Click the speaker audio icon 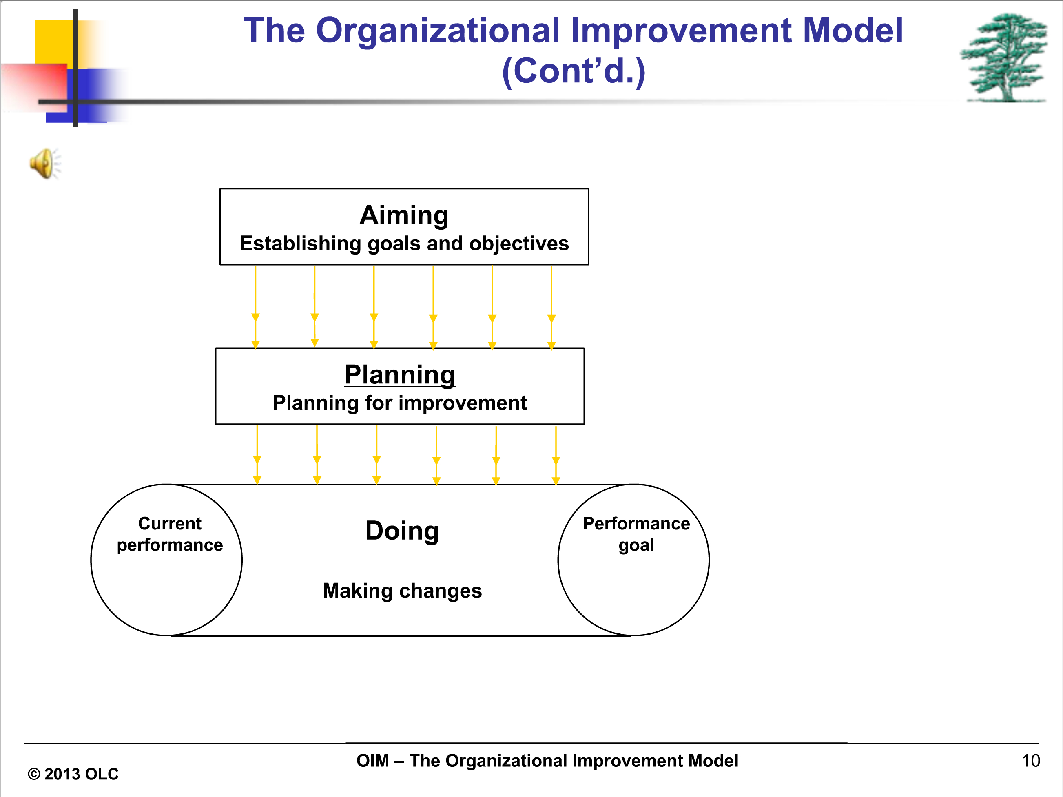tap(45, 163)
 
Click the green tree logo tap(1004, 58)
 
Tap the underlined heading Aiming tap(404, 215)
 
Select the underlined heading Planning tap(400, 375)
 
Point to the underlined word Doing tap(402, 531)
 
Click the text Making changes tap(402, 591)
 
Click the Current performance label tap(170, 534)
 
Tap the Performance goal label tap(636, 534)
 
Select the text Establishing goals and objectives tap(404, 244)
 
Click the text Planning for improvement tap(400, 403)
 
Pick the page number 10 tap(1031, 760)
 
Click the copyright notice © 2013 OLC tap(73, 774)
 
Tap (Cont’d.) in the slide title tap(574, 71)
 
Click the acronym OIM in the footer tap(372, 760)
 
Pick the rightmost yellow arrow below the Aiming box tap(551, 307)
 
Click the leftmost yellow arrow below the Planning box tap(257, 455)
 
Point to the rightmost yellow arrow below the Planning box tap(556, 456)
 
